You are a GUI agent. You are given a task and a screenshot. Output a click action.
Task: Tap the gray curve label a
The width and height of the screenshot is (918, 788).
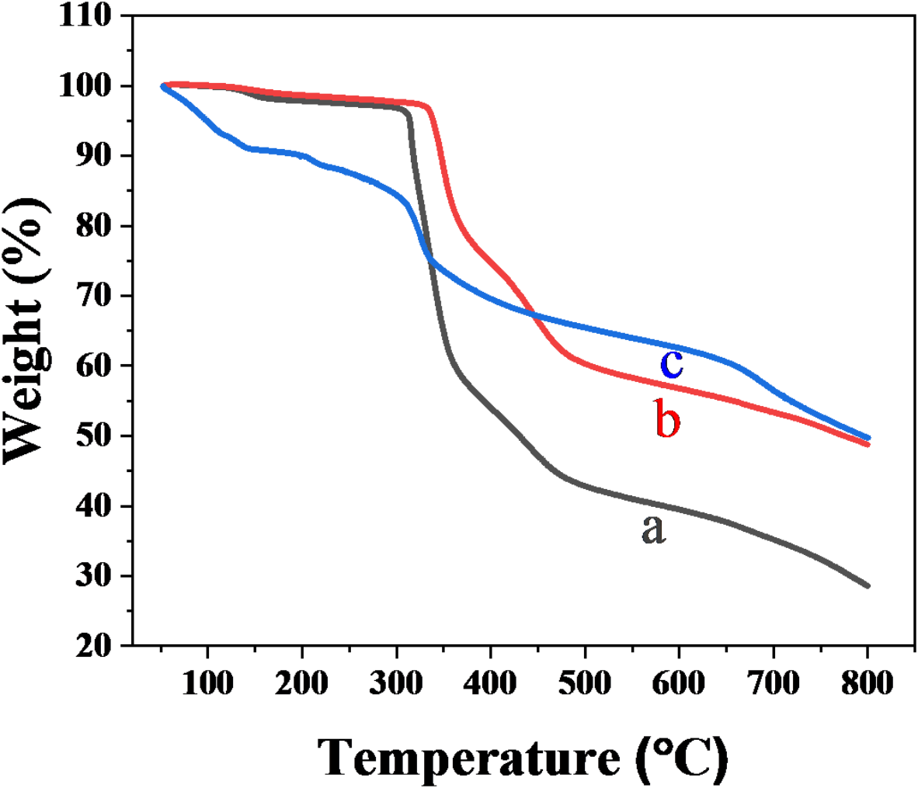pyautogui.click(x=653, y=529)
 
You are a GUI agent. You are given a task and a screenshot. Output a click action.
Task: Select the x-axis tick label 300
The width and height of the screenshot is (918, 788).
pyautogui.click(x=396, y=683)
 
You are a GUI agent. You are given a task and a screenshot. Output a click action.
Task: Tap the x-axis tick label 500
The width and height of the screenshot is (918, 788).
pyautogui.click(x=585, y=683)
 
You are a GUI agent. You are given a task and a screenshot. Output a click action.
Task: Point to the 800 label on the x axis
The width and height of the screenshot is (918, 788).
pyautogui.click(x=868, y=683)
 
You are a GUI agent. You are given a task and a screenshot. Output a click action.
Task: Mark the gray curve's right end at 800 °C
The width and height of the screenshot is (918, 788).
pyautogui.click(x=868, y=586)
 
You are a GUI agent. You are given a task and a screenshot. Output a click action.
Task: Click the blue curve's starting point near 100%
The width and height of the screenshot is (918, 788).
pyautogui.click(x=163, y=86)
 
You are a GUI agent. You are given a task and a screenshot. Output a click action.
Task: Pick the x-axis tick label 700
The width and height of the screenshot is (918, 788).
pyautogui.click(x=774, y=683)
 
